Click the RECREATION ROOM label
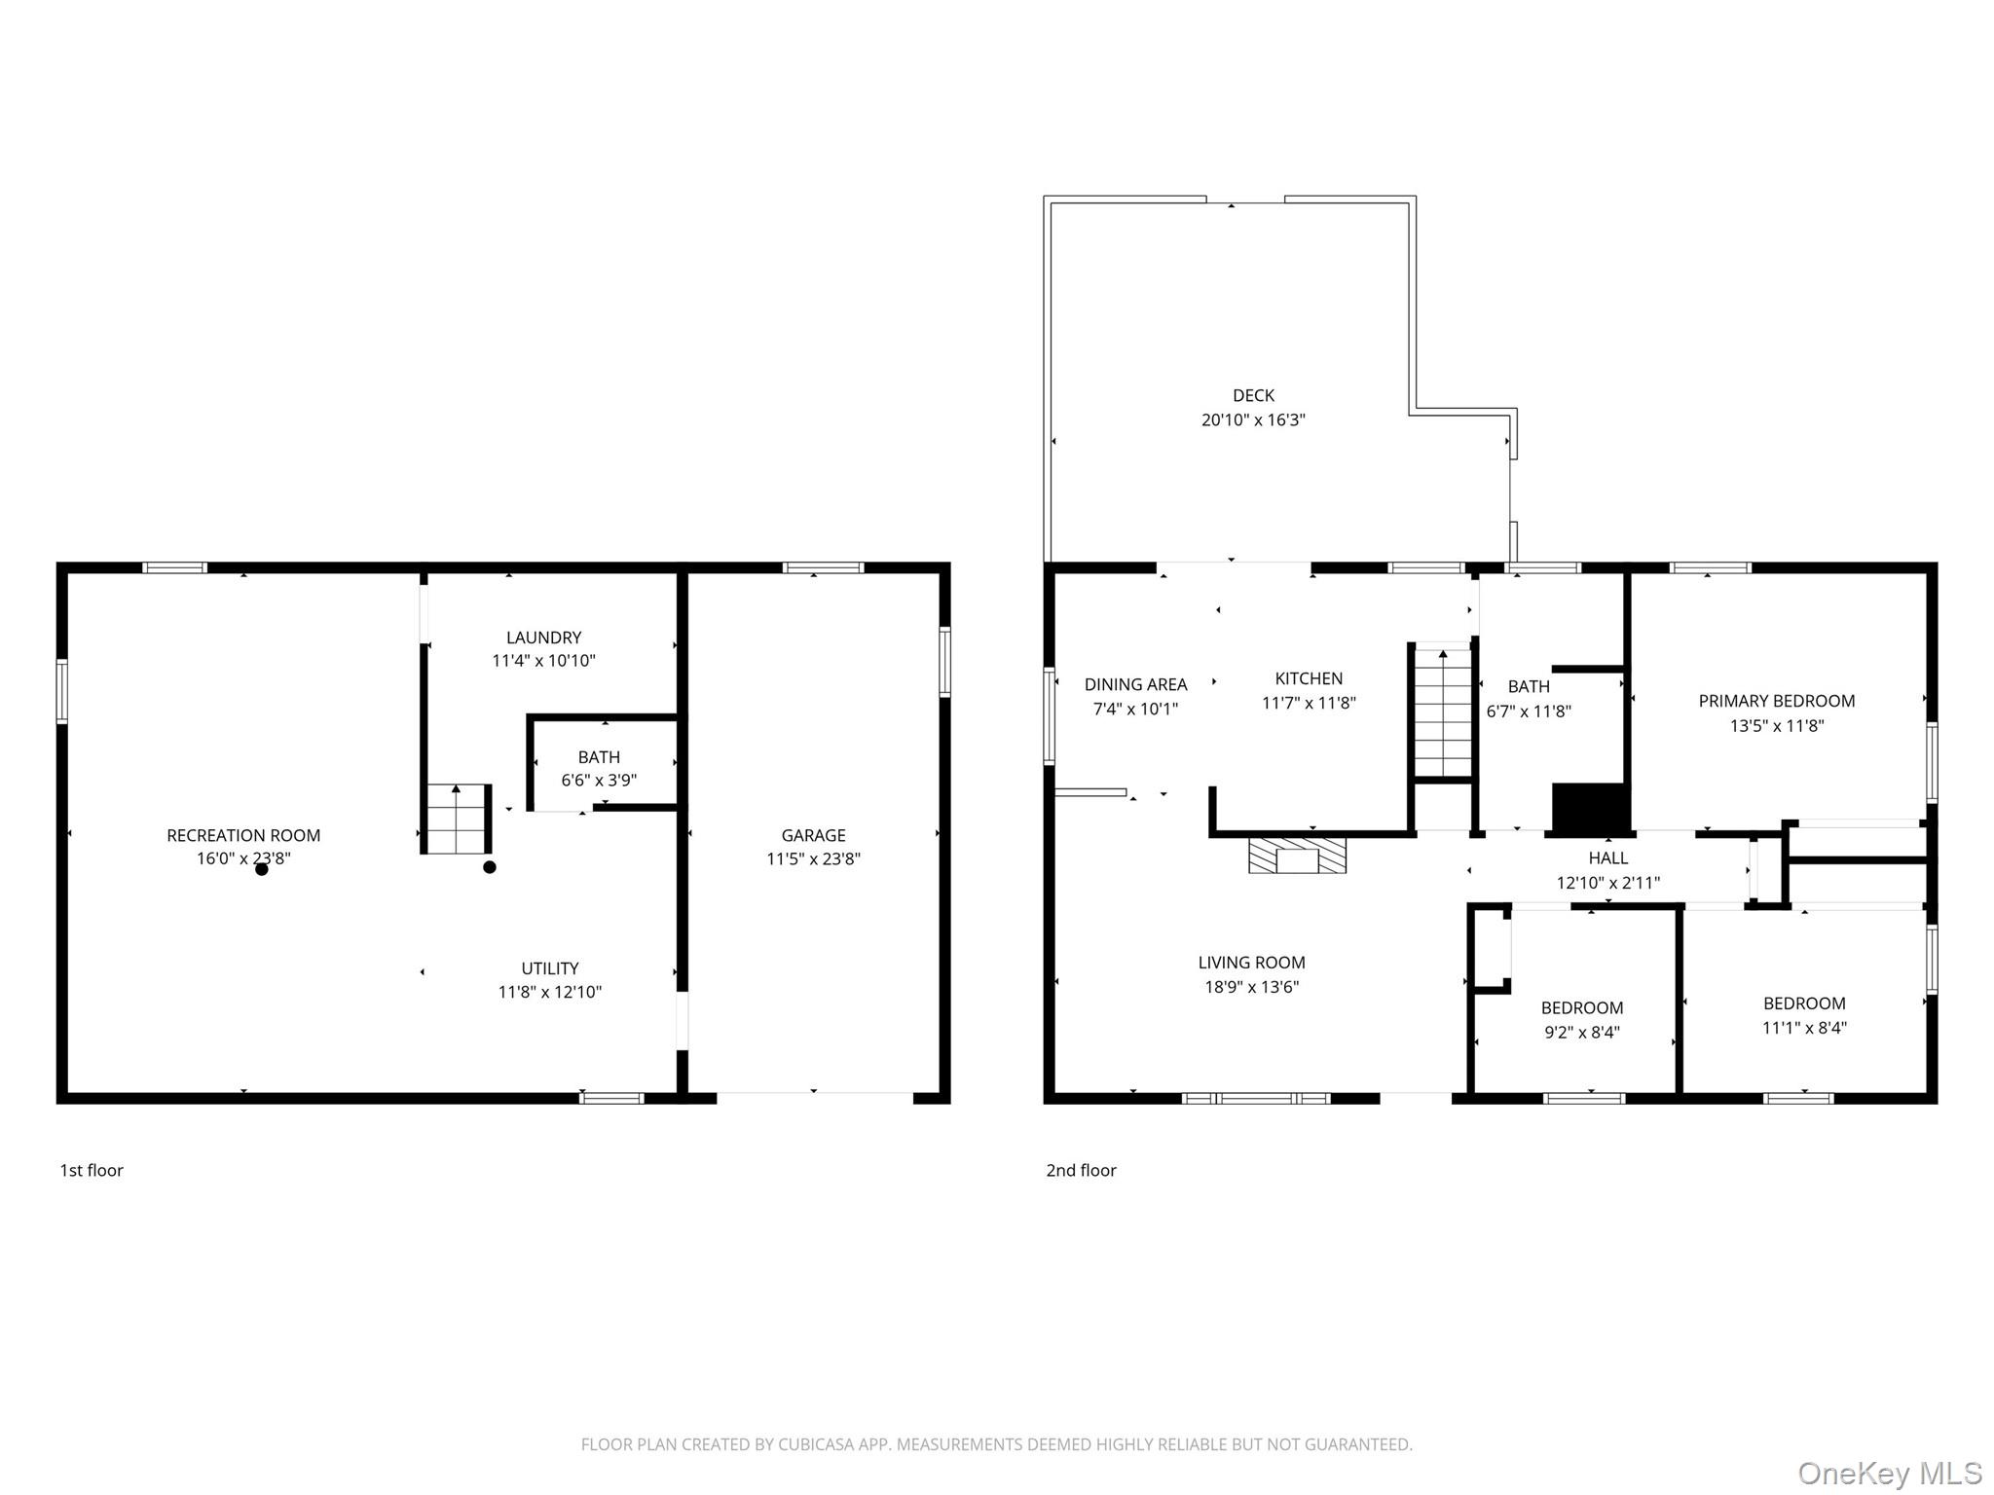[243, 835]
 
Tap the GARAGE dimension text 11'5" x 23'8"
[813, 858]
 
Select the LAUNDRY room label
[543, 638]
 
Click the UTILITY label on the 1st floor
[550, 968]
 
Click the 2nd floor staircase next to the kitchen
[1442, 712]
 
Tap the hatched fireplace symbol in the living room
[1298, 855]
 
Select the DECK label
[1253, 395]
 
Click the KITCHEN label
[1309, 678]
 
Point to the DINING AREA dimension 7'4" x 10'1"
[1135, 709]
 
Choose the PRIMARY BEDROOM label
[1777, 701]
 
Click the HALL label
[1608, 857]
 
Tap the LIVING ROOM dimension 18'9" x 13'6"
[1252, 987]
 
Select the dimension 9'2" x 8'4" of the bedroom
[1582, 1032]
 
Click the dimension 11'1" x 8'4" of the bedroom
[1804, 1027]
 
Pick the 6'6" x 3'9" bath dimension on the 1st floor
[599, 781]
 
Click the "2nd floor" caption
[1081, 1170]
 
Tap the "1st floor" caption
[92, 1170]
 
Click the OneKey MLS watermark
[1890, 1473]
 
